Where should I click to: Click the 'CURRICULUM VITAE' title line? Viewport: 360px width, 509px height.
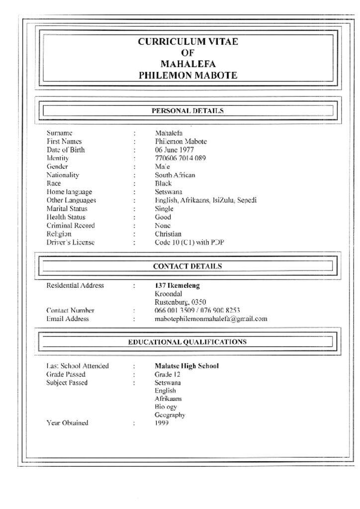(187, 42)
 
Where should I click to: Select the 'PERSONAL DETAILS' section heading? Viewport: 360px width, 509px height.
(187, 111)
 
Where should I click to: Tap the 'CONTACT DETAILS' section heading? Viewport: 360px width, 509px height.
(187, 266)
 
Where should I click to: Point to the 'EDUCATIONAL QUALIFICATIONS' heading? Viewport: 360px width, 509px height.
(187, 342)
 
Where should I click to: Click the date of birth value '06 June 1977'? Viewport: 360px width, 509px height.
(174, 150)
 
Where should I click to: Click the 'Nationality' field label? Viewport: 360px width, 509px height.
(63, 175)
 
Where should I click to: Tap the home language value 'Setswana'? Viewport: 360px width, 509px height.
(169, 192)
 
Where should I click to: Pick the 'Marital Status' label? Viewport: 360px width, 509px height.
(67, 209)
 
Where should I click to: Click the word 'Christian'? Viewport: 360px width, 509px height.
(168, 234)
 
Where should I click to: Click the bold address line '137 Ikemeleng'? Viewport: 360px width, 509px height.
(178, 286)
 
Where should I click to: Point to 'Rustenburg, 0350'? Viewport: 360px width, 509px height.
(180, 302)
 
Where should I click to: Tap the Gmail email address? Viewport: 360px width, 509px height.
(211, 319)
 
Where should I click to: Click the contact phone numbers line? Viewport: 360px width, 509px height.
(197, 310)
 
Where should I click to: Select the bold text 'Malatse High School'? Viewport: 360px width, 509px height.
(186, 366)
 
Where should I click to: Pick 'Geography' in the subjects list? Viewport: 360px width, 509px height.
(170, 415)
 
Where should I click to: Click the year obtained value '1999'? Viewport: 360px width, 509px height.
(162, 423)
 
